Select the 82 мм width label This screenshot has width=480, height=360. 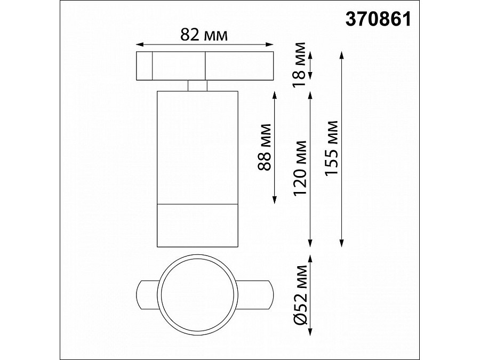204,35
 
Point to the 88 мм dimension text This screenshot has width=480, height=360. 263,147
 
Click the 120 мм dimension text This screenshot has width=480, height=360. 301,168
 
